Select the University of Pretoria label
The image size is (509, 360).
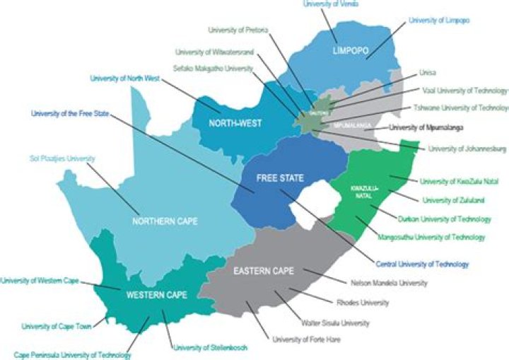[238, 30]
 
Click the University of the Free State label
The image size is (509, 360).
[69, 113]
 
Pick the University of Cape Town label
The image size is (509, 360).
[57, 326]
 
